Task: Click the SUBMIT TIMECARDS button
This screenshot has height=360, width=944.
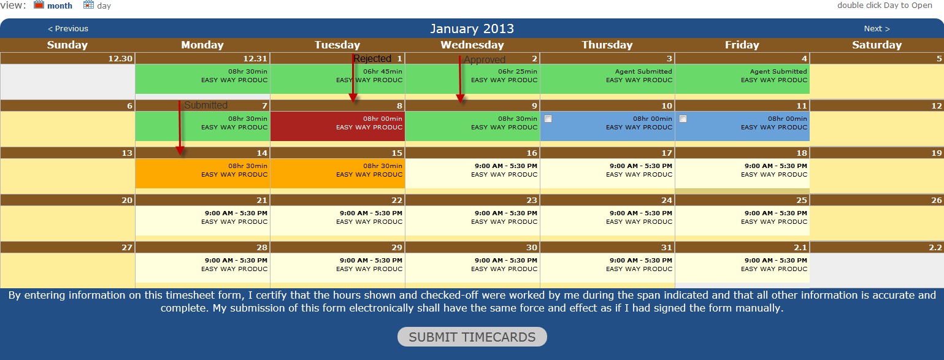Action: click(x=472, y=337)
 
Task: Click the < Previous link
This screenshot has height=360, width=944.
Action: click(x=68, y=29)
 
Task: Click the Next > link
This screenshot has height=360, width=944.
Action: click(x=877, y=29)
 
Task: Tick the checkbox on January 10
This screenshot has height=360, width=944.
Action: click(x=548, y=119)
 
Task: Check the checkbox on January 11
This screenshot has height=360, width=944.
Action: click(x=683, y=119)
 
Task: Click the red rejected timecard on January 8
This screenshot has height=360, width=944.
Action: click(x=337, y=126)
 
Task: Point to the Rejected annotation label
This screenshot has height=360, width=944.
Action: click(x=372, y=59)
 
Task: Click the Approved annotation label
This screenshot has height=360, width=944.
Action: click(x=484, y=60)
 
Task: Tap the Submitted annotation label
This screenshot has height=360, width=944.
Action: click(x=205, y=105)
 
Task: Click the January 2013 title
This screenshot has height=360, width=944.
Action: click(x=472, y=29)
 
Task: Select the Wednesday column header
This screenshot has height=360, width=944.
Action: click(x=472, y=45)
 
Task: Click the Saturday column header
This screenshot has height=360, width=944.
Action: click(x=877, y=45)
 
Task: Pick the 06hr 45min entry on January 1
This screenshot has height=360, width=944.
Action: click(x=383, y=71)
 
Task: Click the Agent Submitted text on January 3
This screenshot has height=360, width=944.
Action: click(x=643, y=71)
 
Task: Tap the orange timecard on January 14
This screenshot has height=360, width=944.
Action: click(x=202, y=174)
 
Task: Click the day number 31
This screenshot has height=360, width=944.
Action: click(x=666, y=247)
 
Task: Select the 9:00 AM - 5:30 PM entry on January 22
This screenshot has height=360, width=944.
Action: click(x=371, y=213)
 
